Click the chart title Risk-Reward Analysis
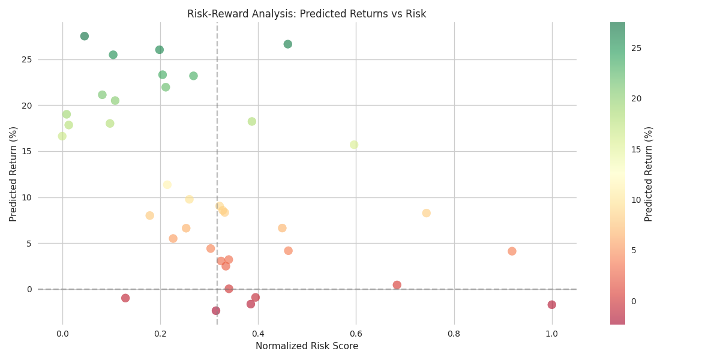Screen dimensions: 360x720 tap(307, 14)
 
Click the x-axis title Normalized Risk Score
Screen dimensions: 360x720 tap(307, 346)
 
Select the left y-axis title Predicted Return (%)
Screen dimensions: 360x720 tap(13, 174)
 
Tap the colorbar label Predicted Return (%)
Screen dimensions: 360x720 tap(649, 174)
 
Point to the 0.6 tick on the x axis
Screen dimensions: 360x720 tap(356, 334)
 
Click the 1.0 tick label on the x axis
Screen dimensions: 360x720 tap(552, 334)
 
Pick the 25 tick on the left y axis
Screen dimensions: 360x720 tap(26, 59)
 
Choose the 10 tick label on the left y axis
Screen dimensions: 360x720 tap(26, 197)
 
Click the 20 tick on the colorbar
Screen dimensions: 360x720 tap(636, 98)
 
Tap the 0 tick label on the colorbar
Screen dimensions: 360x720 tap(634, 301)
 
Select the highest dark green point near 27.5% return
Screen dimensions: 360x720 tap(85, 36)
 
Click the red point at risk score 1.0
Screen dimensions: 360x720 tap(552, 305)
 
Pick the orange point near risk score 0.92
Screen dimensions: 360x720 tap(512, 251)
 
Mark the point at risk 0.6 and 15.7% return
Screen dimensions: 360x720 tap(354, 145)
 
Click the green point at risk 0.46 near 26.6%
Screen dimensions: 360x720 tap(288, 44)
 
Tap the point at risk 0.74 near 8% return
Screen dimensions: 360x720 tap(427, 213)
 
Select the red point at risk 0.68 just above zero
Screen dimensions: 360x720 tap(397, 285)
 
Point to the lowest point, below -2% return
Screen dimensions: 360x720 tap(216, 311)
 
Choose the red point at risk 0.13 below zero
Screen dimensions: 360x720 tap(125, 298)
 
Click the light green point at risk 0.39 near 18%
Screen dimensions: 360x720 tap(252, 122)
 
